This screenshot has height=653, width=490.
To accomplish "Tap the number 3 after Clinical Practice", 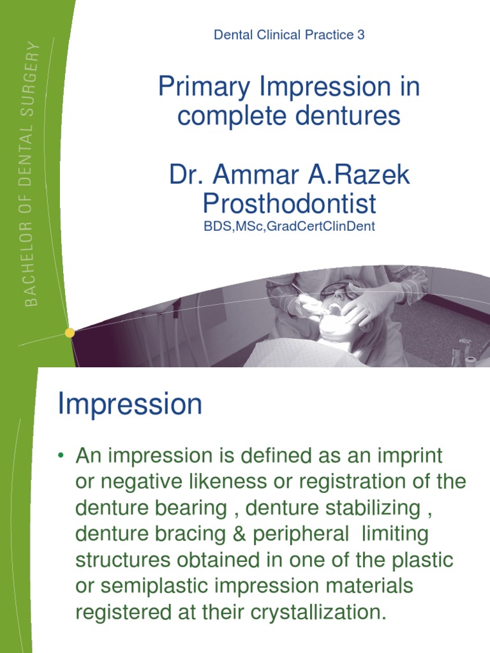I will [x=361, y=35].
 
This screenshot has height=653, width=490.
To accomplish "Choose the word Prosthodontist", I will [x=289, y=204].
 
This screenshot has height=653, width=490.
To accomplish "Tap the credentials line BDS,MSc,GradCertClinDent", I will [x=289, y=227].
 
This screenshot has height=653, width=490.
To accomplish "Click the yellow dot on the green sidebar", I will [x=70, y=332].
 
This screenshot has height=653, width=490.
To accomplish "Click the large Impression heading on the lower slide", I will [x=130, y=404].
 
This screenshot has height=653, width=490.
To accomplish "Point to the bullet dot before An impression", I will [x=61, y=456].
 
